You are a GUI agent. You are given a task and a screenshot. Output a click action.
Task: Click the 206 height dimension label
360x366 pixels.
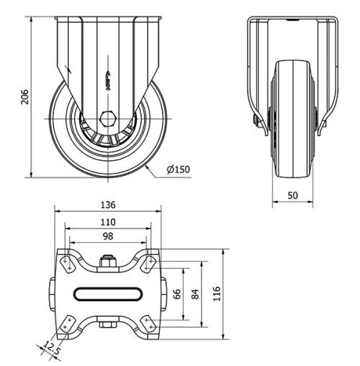pos(24,97)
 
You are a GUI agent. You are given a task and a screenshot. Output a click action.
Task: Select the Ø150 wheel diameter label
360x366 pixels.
pos(178,170)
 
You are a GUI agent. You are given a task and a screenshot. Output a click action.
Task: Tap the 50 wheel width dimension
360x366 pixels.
pos(293,195)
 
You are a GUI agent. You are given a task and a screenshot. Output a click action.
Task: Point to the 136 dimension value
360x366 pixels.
pos(108,205)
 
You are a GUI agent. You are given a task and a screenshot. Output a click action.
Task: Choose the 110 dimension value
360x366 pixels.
pos(108,221)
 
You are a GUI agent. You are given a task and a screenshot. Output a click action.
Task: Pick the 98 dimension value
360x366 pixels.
pos(108,237)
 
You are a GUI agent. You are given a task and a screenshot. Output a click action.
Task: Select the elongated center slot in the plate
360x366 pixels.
pos(108,293)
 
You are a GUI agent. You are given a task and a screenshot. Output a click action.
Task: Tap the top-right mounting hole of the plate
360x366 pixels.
pos(149,262)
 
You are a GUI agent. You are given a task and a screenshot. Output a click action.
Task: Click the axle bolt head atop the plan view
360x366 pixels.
pos(108,261)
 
